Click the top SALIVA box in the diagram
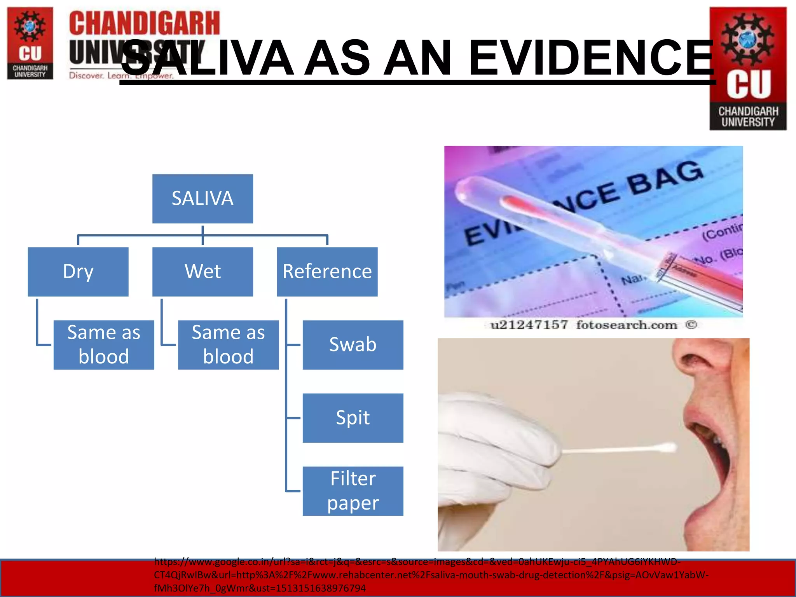[x=202, y=199]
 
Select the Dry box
[x=78, y=272]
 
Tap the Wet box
[x=202, y=272]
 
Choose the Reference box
[x=327, y=272]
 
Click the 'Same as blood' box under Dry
[x=104, y=345]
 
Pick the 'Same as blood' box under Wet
[x=228, y=345]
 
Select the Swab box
[x=353, y=345]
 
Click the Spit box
[x=353, y=418]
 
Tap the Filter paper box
[x=353, y=491]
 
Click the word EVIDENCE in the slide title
[x=591, y=58]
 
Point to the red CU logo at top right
[x=748, y=68]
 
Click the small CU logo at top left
[x=30, y=43]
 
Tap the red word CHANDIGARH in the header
[x=145, y=23]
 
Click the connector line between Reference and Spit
[x=293, y=418]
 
